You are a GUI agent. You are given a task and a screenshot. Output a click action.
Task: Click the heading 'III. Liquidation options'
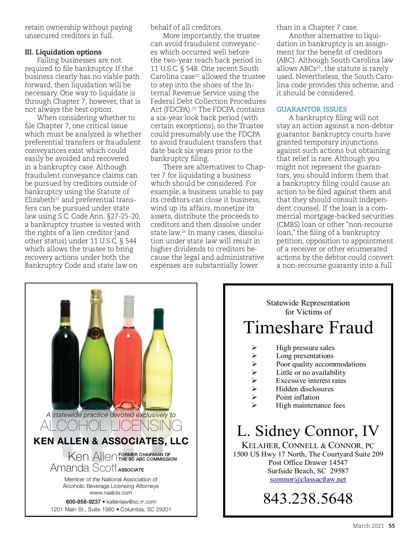click(x=63, y=52)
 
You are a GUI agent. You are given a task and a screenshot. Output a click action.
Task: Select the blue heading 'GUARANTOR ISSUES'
click(x=311, y=109)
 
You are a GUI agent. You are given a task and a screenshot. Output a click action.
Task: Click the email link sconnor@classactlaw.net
click(x=308, y=479)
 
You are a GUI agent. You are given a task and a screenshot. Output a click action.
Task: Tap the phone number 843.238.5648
click(x=308, y=498)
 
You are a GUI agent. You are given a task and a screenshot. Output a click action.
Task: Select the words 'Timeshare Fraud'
click(x=308, y=327)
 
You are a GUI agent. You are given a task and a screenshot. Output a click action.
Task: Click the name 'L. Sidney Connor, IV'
click(x=308, y=431)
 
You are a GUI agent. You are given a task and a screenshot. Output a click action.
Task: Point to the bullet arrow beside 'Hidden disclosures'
click(x=255, y=389)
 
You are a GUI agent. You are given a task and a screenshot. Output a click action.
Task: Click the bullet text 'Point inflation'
click(x=297, y=397)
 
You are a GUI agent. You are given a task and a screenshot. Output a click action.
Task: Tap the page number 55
click(x=392, y=526)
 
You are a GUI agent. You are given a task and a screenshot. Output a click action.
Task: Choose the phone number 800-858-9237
click(x=83, y=502)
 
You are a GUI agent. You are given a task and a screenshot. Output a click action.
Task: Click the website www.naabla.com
click(x=111, y=493)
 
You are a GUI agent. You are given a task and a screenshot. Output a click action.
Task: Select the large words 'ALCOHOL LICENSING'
click(x=111, y=426)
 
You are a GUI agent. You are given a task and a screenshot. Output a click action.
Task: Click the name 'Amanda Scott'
click(x=83, y=468)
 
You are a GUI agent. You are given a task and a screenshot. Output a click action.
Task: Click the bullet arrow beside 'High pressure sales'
click(x=255, y=348)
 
